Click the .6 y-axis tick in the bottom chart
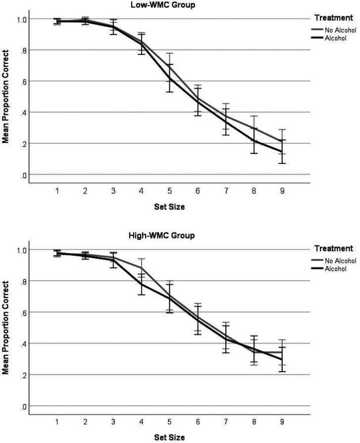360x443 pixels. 22,312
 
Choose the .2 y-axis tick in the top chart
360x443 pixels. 22,144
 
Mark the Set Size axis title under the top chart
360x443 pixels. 170,207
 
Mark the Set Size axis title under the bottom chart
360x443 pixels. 170,437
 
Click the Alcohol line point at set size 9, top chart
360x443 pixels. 283,151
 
